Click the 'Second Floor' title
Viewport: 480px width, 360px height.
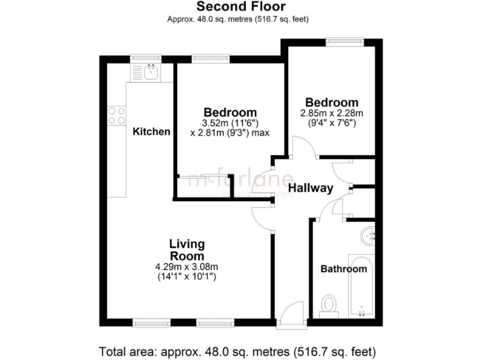pos(241,7)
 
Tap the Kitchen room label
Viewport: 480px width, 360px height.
pos(151,132)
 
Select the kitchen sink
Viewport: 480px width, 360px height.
pos(150,72)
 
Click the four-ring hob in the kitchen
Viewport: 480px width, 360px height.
pos(116,116)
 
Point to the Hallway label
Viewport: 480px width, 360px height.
pos(311,189)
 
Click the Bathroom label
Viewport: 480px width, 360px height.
pos(343,269)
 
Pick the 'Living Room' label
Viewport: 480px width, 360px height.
pos(186,250)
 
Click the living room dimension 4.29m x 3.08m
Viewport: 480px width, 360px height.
pos(186,267)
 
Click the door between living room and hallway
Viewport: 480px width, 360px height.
pos(262,219)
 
